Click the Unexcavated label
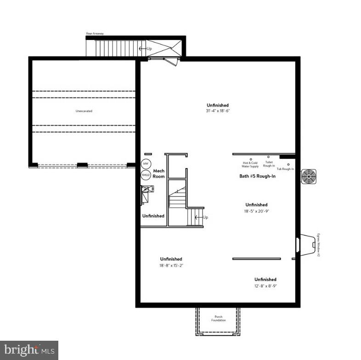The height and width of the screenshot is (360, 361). pyautogui.click(x=84, y=111)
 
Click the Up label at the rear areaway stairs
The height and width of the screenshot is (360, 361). pyautogui.click(x=149, y=48)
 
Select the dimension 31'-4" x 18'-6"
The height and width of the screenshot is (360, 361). pyautogui.click(x=217, y=111)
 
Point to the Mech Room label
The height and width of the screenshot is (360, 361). pyautogui.click(x=158, y=174)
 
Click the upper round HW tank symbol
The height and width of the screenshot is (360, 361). pyautogui.click(x=146, y=164)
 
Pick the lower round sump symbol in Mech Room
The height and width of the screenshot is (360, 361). pyautogui.click(x=146, y=175)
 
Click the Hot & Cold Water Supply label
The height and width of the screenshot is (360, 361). pyautogui.click(x=251, y=164)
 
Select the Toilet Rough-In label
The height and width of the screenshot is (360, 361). pyautogui.click(x=269, y=164)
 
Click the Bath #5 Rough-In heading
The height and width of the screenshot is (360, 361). pyautogui.click(x=257, y=176)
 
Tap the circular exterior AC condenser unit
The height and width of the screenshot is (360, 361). pyautogui.click(x=309, y=177)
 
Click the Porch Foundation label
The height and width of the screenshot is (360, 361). pyautogui.click(x=218, y=318)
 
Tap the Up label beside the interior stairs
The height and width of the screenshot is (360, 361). pyautogui.click(x=205, y=217)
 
